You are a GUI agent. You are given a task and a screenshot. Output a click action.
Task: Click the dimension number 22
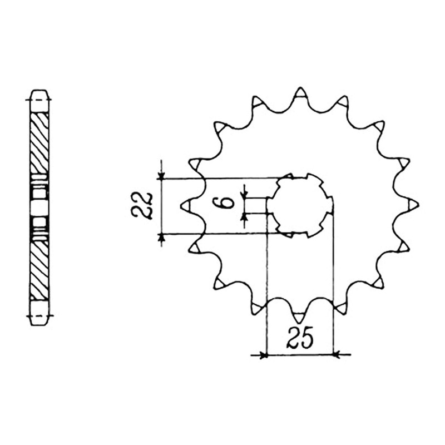click(x=141, y=206)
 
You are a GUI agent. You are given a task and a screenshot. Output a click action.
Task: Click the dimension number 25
click(x=300, y=338)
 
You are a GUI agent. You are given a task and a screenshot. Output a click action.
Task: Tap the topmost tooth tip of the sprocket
click(x=300, y=88)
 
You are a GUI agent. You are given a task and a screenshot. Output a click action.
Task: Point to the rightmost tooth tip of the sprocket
click(x=418, y=205)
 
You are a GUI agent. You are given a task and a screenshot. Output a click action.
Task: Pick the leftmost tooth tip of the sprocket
click(x=181, y=205)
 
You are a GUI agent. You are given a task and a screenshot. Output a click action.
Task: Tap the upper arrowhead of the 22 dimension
click(x=161, y=176)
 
